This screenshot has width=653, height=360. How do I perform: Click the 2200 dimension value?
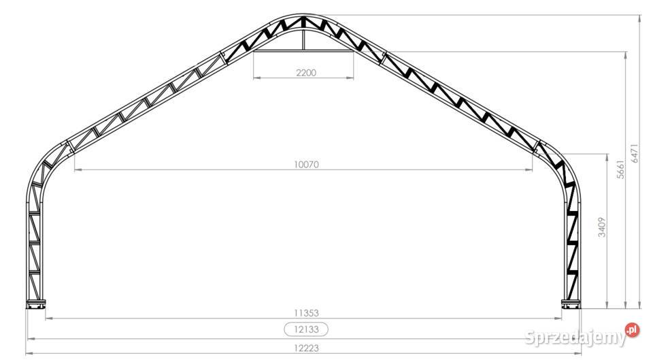[x=306, y=73]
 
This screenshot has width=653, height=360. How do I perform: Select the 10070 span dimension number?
[x=307, y=165]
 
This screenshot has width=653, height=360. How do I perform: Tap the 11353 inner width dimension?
[x=307, y=313]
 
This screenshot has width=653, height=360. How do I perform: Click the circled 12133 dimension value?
[x=307, y=329]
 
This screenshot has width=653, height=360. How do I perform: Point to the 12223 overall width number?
[x=307, y=348]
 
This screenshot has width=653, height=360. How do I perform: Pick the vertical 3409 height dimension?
[x=602, y=227]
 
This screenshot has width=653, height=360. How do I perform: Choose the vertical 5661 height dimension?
[x=621, y=169]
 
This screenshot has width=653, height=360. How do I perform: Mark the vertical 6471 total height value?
[x=634, y=153]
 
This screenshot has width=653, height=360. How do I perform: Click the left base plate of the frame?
[x=36, y=304]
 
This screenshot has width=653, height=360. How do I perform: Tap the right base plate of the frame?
[x=571, y=304]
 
